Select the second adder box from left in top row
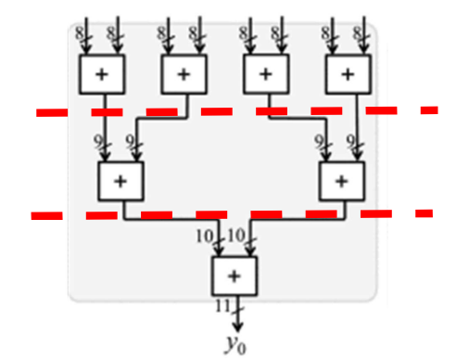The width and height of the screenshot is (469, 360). click(183, 72)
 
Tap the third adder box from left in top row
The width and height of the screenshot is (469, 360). click(265, 72)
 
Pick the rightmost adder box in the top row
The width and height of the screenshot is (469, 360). click(347, 72)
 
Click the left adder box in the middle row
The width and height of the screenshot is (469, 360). click(119, 180)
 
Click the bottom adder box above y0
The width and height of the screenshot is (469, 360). click(234, 275)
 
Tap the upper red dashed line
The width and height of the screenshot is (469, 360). click(232, 111)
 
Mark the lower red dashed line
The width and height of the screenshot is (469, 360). click(232, 214)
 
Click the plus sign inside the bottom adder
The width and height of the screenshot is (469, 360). click(234, 275)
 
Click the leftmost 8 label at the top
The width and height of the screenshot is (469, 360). click(82, 33)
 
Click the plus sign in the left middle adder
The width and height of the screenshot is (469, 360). click(119, 181)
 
